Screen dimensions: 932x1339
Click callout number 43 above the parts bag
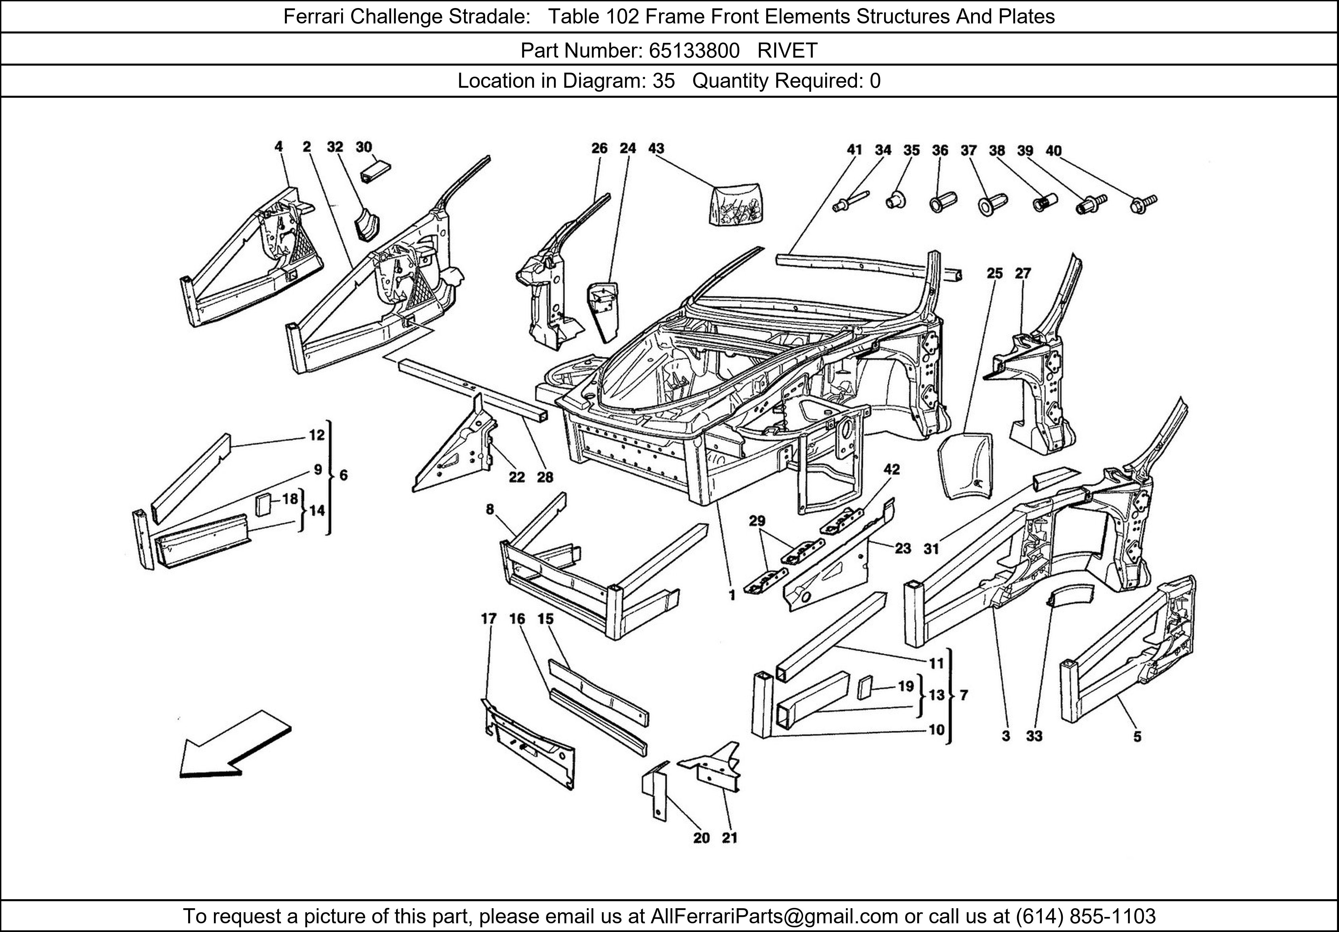click(x=656, y=149)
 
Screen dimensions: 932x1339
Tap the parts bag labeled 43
click(x=734, y=204)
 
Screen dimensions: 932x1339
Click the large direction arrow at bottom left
click(x=233, y=746)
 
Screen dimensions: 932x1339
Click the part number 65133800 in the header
click(x=694, y=51)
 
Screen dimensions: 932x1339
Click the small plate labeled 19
click(x=865, y=688)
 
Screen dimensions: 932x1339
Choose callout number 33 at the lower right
click(x=1034, y=736)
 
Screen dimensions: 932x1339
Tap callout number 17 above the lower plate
click(x=489, y=619)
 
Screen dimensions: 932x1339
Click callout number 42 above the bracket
click(x=892, y=469)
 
